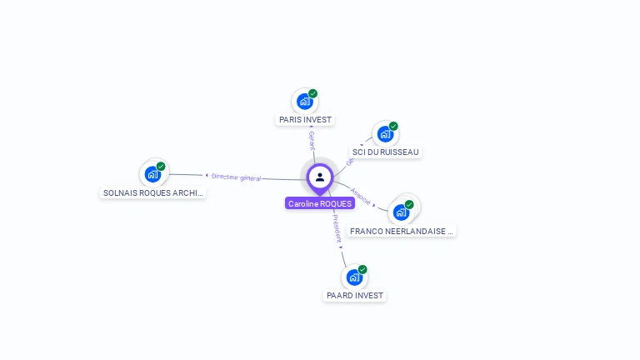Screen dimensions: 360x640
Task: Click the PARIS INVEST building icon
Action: pos(304,102)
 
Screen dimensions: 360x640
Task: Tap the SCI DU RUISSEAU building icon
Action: pos(384,134)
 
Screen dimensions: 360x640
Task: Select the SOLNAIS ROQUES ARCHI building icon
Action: pos(152,174)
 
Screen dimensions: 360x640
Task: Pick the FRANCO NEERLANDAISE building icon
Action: pos(402,212)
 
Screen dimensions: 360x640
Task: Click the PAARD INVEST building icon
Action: pos(354,277)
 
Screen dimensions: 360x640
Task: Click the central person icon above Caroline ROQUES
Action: pos(319,177)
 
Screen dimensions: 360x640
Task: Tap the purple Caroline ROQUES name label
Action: pos(320,203)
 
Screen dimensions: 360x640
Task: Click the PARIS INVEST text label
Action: pos(305,120)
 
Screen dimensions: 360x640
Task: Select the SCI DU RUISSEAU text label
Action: pos(386,152)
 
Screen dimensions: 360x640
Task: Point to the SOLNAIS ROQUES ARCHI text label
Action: pos(152,192)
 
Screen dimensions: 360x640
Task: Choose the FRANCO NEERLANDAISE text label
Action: pos(402,231)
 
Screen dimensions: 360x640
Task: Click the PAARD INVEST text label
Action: pos(355,296)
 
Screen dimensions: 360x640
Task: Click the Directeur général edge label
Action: pos(236,177)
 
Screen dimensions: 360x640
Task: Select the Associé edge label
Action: pos(361,196)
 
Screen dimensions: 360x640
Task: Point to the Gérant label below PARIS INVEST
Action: pos(312,140)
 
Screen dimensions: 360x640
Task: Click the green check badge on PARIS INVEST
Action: pos(312,94)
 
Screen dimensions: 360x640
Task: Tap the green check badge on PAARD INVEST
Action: pos(362,270)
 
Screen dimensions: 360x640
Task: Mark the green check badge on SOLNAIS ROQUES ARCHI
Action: pos(161,167)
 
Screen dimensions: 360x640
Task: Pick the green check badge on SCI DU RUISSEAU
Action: pos(393,127)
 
